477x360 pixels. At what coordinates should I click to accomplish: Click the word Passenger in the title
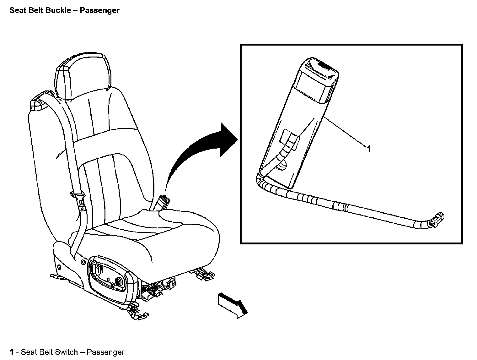(99, 10)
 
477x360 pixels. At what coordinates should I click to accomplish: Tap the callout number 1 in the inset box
(369, 149)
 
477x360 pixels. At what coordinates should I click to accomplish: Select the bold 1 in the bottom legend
(12, 352)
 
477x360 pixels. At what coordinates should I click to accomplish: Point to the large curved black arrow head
(227, 139)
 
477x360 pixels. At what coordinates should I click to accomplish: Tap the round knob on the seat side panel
(119, 281)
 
